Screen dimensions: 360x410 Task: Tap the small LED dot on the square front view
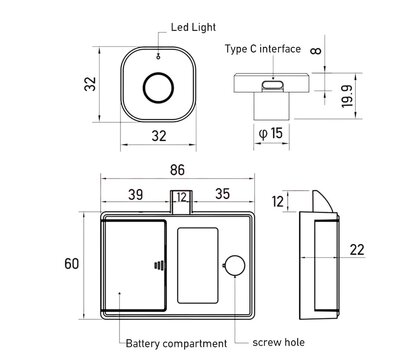(157, 59)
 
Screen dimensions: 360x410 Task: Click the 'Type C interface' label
(263, 48)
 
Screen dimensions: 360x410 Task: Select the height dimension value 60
(71, 264)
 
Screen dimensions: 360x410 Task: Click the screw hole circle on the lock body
(235, 266)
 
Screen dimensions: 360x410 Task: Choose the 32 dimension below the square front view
(158, 136)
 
